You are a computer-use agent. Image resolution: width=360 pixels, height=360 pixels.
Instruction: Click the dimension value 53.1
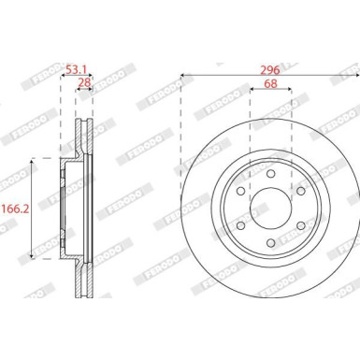(x=77, y=69)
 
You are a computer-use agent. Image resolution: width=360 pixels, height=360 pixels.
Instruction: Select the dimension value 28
(x=84, y=82)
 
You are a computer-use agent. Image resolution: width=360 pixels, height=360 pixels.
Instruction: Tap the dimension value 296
(x=270, y=70)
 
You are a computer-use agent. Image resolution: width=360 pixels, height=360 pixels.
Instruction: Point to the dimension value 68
(x=270, y=83)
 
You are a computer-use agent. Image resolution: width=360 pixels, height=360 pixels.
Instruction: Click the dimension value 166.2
(x=16, y=209)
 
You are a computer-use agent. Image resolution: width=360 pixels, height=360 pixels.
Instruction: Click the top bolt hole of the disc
(x=271, y=174)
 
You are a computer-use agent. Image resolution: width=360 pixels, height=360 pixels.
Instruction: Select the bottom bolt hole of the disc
(x=271, y=242)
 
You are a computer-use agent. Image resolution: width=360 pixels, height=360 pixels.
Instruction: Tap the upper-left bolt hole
(x=241, y=191)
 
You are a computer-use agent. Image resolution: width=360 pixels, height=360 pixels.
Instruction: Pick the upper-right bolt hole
(x=300, y=191)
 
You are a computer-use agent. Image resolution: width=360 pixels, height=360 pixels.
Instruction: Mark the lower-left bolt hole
(x=241, y=225)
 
